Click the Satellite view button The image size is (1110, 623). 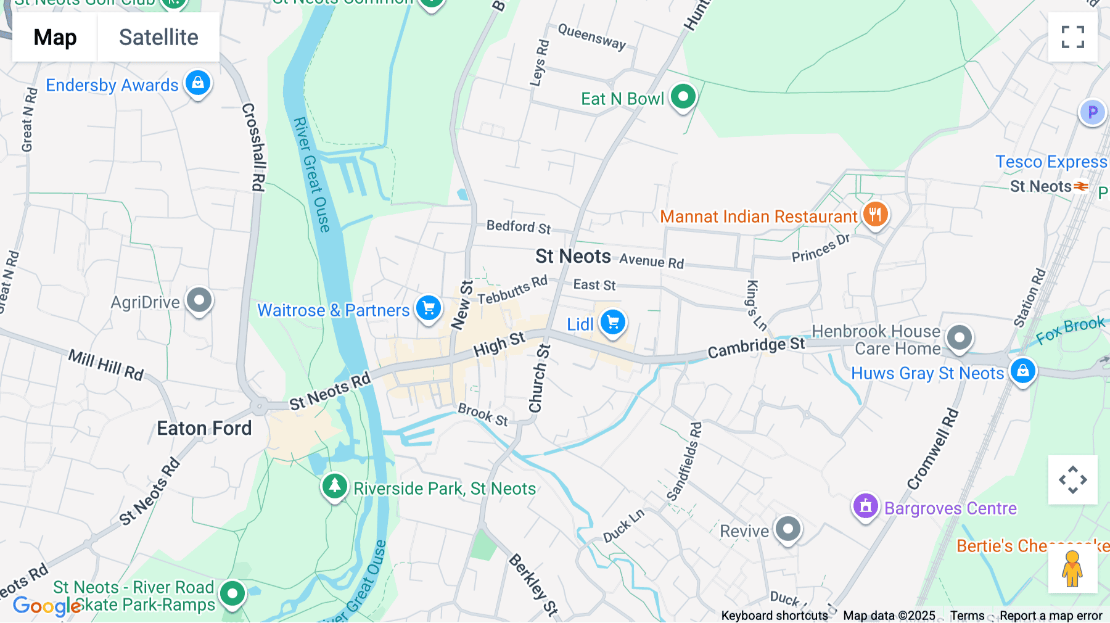coord(158,38)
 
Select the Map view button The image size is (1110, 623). coord(55,38)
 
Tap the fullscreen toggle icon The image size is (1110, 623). coord(1072,37)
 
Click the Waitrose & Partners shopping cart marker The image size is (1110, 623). coord(429,307)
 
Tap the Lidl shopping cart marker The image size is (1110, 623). coord(613,322)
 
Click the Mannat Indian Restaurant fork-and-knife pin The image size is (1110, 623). coord(875,215)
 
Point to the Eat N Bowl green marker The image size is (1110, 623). coord(683,97)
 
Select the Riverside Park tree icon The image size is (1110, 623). coord(335,486)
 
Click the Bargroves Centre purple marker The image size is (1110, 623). coord(865,506)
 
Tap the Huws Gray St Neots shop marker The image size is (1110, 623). coord(1022,371)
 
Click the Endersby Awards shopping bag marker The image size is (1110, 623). coord(198,83)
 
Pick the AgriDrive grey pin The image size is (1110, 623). coord(199,300)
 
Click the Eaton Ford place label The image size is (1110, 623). coord(204,428)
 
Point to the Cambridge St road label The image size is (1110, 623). coord(756,347)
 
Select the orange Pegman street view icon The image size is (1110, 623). coord(1072,569)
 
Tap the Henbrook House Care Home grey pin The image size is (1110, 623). coord(960,337)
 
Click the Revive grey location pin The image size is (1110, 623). coord(788,529)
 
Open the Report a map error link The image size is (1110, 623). coord(1050,616)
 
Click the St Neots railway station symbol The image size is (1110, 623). coord(1081,186)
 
